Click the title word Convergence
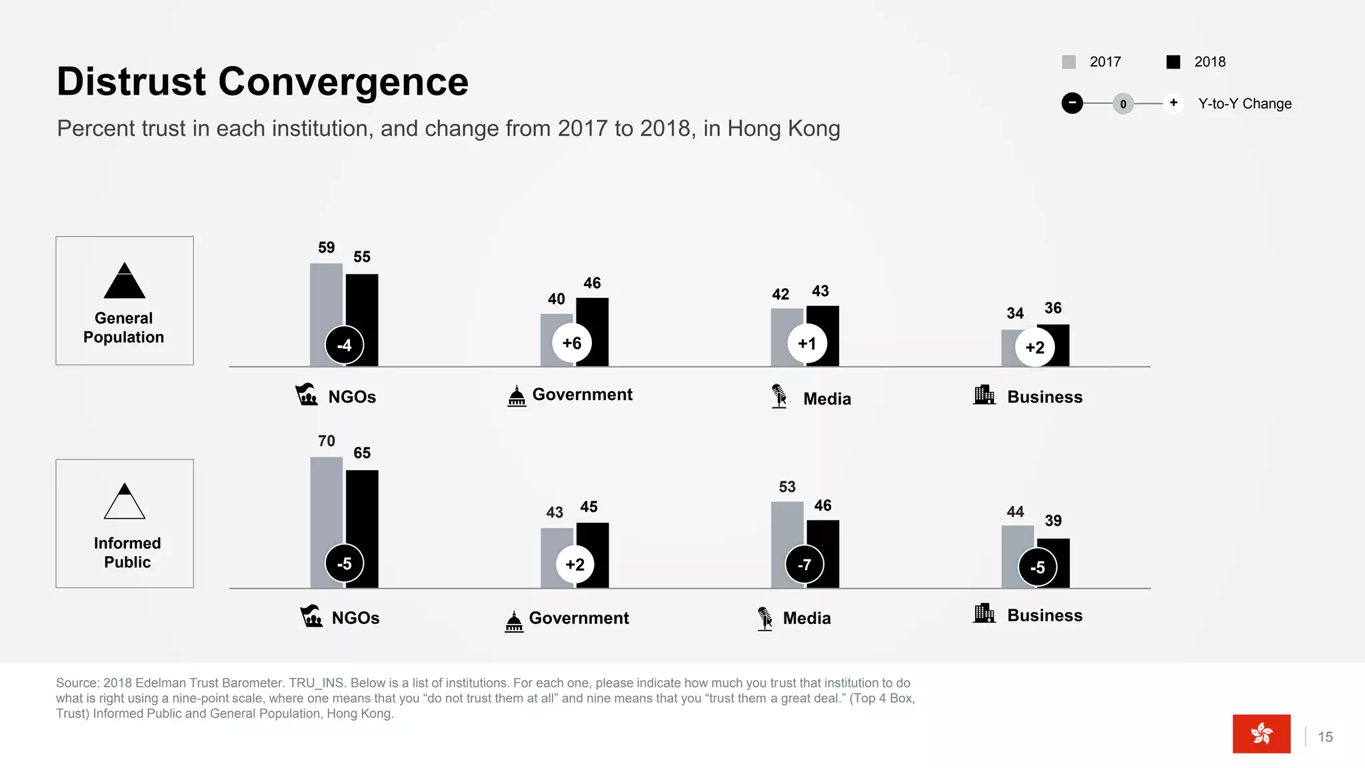[x=343, y=82]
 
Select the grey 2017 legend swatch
[x=1069, y=62]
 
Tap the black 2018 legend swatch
[x=1174, y=62]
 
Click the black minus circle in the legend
[x=1072, y=103]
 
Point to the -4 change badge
[x=344, y=345]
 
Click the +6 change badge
[x=572, y=343]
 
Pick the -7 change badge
[x=804, y=565]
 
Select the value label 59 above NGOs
[x=327, y=248]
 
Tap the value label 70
[x=327, y=441]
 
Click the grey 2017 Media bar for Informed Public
[x=786, y=527]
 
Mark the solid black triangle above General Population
[x=125, y=281]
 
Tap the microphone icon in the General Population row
[x=778, y=396]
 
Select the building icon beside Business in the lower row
[x=984, y=613]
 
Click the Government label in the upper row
[x=582, y=395]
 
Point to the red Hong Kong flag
[x=1261, y=733]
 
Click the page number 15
[x=1325, y=737]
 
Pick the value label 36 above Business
[x=1053, y=308]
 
